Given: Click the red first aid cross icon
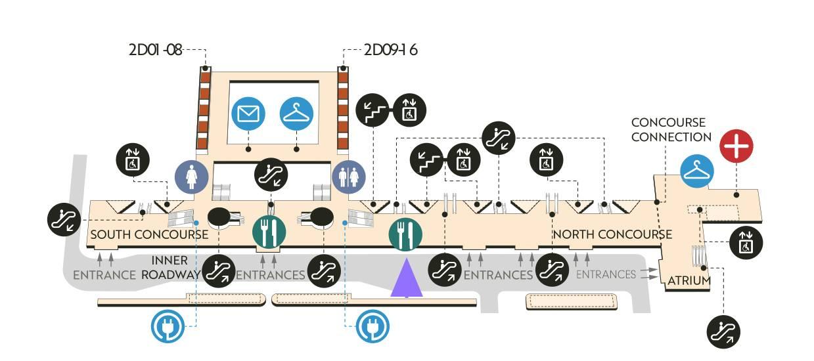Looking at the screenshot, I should [736, 146].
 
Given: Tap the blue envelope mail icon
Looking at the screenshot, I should [248, 114].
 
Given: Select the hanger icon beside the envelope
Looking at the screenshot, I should [297, 114].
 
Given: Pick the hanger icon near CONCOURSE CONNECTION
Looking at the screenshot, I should [697, 171].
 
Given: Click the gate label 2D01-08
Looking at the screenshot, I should [155, 50].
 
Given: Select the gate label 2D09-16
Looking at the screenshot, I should [391, 50].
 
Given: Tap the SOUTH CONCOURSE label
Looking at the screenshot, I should [149, 234].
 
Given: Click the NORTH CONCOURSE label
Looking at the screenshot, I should [612, 234].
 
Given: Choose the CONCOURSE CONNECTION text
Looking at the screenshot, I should [670, 130].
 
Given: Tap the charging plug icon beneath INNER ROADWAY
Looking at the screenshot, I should [168, 326].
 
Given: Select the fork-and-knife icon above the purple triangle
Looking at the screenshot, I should [405, 234].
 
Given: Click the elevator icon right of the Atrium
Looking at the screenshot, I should [746, 242].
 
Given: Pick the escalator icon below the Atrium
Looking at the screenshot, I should [723, 331].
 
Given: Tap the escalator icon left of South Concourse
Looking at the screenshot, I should [65, 219].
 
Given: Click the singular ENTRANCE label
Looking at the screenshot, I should [104, 275].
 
